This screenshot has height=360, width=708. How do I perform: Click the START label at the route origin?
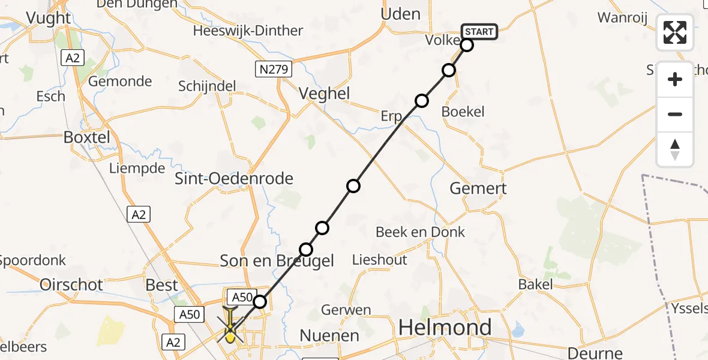click(x=479, y=32)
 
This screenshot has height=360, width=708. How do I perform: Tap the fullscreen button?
click(x=675, y=32)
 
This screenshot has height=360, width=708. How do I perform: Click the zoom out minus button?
click(x=675, y=114)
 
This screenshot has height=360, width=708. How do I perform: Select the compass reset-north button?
click(x=675, y=149)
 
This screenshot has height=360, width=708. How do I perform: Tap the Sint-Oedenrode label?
click(x=233, y=178)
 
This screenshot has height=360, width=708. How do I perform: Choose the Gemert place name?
click(x=478, y=188)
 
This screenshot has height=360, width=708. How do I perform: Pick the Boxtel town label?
click(x=87, y=137)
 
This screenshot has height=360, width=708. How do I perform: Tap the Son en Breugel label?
click(x=277, y=260)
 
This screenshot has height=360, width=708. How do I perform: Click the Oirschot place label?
click(x=71, y=284)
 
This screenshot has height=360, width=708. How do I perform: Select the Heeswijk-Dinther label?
click(x=248, y=31)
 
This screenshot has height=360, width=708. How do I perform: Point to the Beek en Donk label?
click(x=420, y=232)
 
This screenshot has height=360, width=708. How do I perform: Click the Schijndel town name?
click(x=207, y=86)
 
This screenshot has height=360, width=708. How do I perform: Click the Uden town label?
click(x=401, y=14)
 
